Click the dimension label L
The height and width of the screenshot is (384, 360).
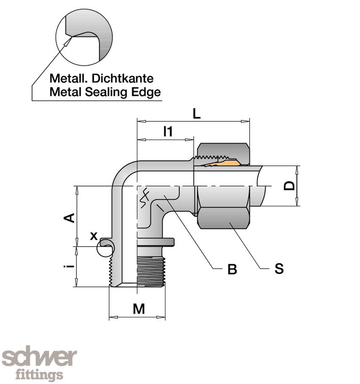click(x=196, y=113)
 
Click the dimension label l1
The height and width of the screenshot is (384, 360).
click(x=168, y=132)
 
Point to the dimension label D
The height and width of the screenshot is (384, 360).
click(x=290, y=186)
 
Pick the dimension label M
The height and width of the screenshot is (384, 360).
click(x=138, y=309)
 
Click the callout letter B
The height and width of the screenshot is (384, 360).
click(x=232, y=269)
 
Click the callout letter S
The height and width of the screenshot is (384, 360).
click(x=279, y=269)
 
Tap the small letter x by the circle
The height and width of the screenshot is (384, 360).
click(x=94, y=236)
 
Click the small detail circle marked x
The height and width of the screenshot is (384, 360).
click(x=105, y=247)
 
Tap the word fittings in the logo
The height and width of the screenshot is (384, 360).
click(x=39, y=375)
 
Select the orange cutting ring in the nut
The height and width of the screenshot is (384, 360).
click(x=222, y=163)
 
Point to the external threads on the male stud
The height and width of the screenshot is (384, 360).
click(x=151, y=271)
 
